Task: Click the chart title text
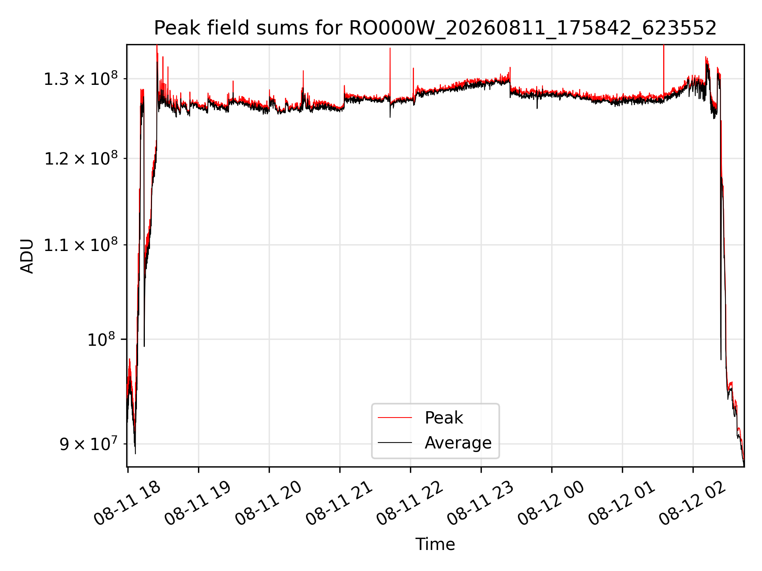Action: click(x=435, y=28)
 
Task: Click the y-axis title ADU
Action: click(x=27, y=256)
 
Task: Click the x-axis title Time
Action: click(x=435, y=544)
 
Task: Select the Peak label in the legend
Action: click(x=444, y=418)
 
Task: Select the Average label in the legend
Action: click(x=458, y=443)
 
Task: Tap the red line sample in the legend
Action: click(x=395, y=418)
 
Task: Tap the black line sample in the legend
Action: click(x=395, y=442)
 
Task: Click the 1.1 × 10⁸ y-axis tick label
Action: click(x=81, y=245)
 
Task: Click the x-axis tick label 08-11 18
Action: click(x=127, y=503)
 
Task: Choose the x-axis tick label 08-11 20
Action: click(x=268, y=503)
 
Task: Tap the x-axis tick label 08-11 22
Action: click(x=410, y=503)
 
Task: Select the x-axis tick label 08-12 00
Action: click(x=551, y=503)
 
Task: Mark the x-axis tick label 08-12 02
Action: click(x=692, y=503)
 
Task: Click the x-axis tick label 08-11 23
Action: click(x=480, y=503)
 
